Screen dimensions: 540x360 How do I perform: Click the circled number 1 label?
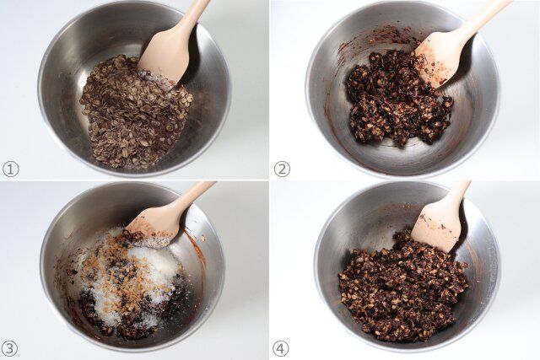pyautogui.click(x=10, y=169)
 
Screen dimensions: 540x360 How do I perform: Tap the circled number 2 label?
pyautogui.click(x=282, y=169)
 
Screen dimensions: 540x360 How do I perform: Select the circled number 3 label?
pyautogui.click(x=10, y=349)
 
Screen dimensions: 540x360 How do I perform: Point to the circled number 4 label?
pyautogui.click(x=281, y=349)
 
